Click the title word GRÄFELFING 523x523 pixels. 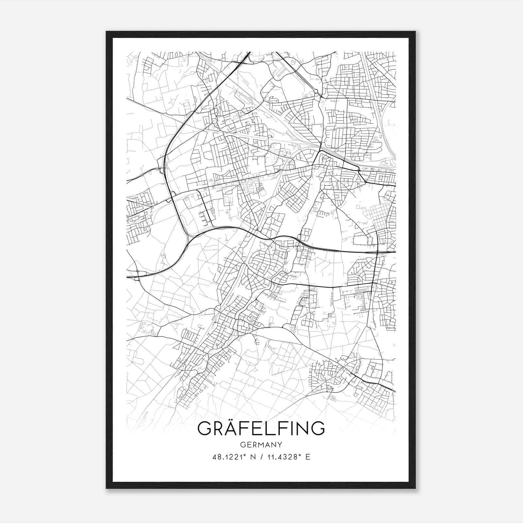pyautogui.click(x=261, y=429)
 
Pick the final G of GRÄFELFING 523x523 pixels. pyautogui.click(x=317, y=429)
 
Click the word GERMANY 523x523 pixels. pyautogui.click(x=261, y=445)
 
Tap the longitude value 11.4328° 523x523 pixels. pyautogui.click(x=282, y=457)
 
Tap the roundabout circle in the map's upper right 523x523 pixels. pyautogui.click(x=316, y=92)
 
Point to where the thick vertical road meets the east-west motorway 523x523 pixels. pyautogui.click(x=377, y=252)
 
